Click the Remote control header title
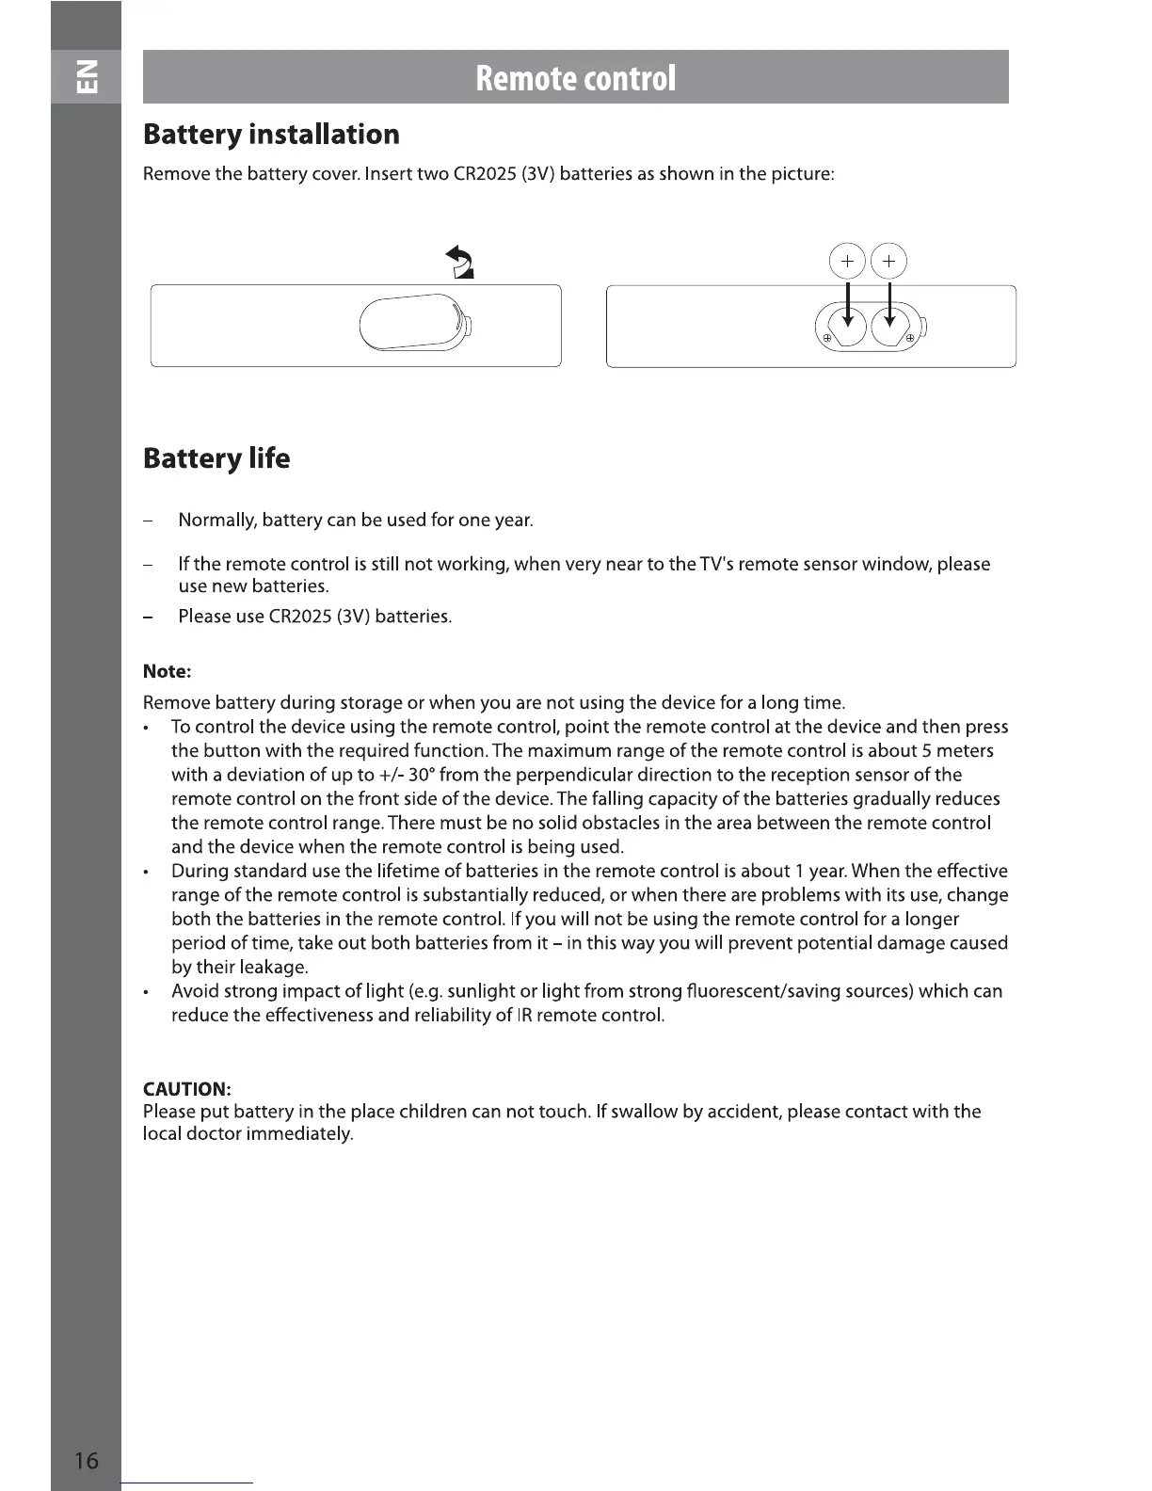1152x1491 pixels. point(575,77)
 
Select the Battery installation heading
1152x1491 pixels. point(271,135)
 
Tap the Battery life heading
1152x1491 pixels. point(216,458)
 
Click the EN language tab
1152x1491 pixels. point(86,76)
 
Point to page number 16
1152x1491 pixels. point(86,1460)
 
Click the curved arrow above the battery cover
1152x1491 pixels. point(459,261)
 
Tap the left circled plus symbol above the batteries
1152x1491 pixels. point(847,261)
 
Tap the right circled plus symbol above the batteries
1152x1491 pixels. point(889,261)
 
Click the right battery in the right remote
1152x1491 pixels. point(889,327)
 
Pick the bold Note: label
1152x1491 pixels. point(167,672)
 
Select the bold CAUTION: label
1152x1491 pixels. point(186,1089)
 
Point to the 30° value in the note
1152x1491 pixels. point(422,776)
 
